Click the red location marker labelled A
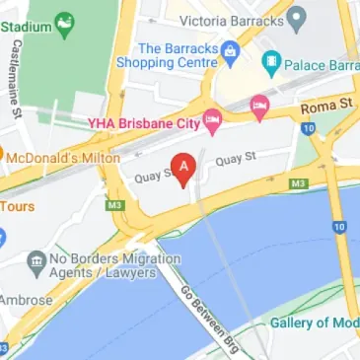click(181, 167)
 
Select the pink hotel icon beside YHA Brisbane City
click(211, 122)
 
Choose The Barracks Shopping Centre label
click(178, 55)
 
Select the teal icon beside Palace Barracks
click(270, 63)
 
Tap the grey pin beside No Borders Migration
click(36, 261)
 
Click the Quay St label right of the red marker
click(236, 157)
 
